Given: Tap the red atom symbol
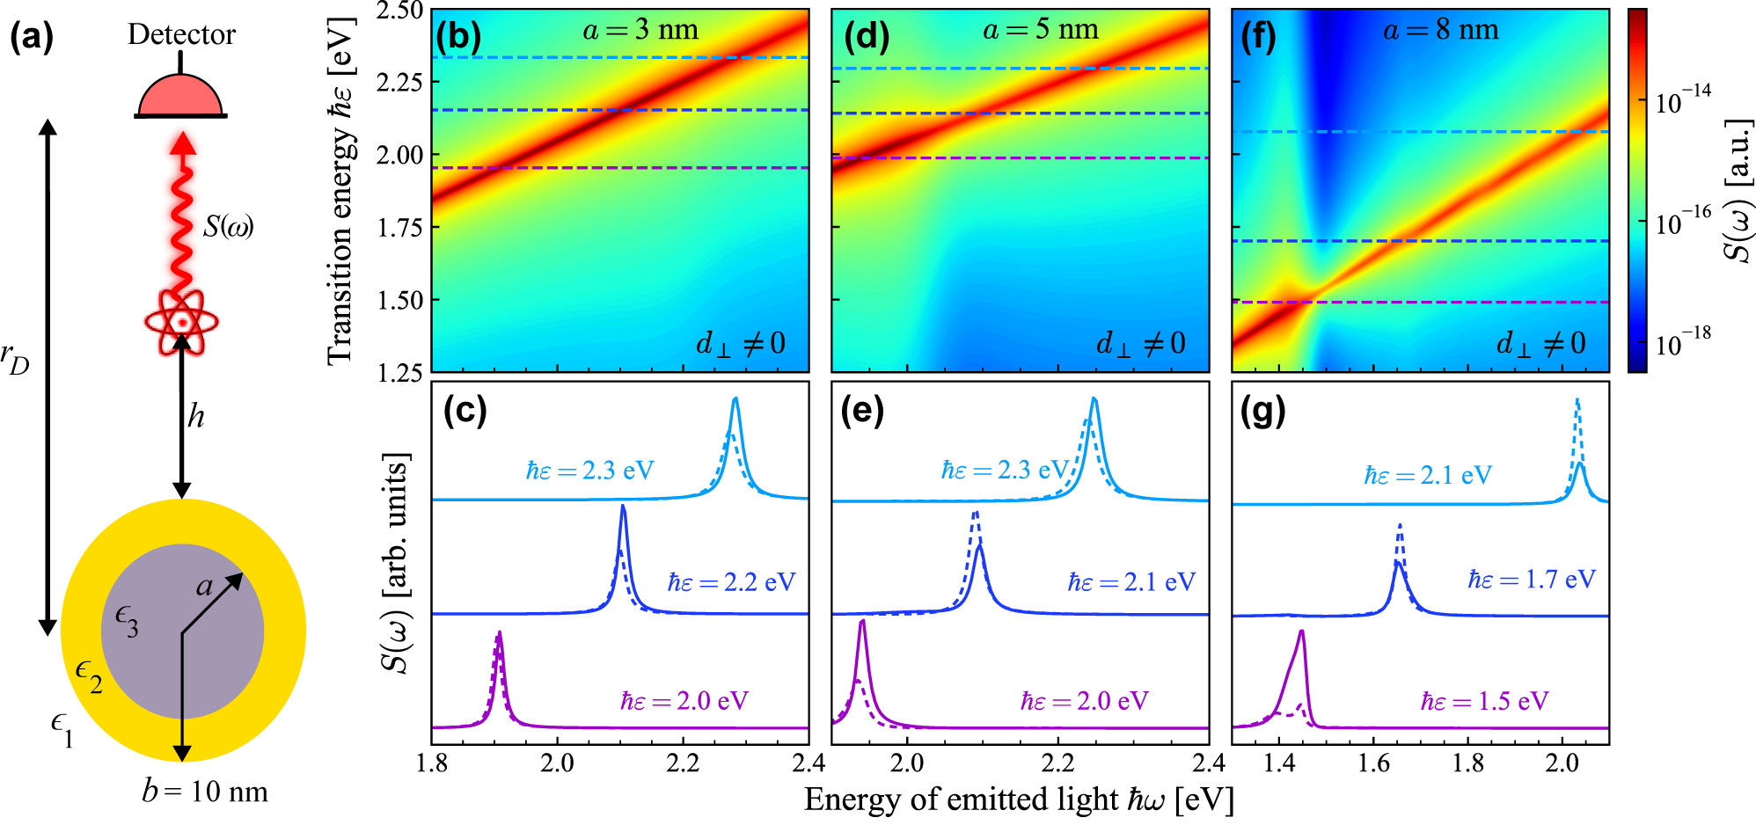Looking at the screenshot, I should [x=181, y=322].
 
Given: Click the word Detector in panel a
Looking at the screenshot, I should [x=181, y=34].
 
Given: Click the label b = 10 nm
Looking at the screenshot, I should [x=204, y=792].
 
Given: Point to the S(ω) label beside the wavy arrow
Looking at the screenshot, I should [x=228, y=227].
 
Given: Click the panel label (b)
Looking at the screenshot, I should [x=458, y=38].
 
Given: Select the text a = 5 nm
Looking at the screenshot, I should [x=1040, y=30].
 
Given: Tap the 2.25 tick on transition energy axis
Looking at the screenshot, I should [x=400, y=82].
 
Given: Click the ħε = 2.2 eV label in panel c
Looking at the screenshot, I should [x=731, y=582].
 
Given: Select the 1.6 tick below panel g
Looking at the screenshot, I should [x=1373, y=763].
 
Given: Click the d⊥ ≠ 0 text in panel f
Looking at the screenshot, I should [x=1540, y=343].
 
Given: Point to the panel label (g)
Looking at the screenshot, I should [x=1262, y=411].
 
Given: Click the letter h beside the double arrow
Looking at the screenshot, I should [x=195, y=416].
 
